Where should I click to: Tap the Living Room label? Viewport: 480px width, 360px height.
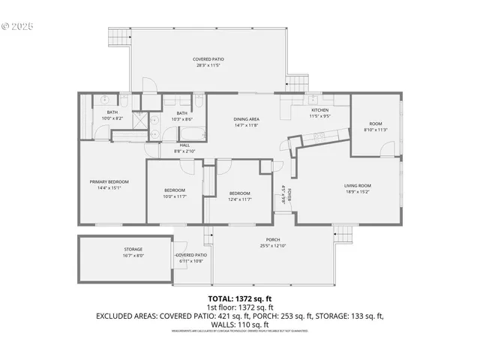[358, 185]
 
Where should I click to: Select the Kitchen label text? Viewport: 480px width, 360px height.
[319, 110]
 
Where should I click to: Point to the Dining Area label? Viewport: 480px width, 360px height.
[246, 119]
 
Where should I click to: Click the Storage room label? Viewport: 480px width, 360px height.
[133, 249]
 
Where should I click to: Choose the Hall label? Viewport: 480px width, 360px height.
[184, 145]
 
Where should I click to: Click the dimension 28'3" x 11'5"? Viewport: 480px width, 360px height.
[208, 64]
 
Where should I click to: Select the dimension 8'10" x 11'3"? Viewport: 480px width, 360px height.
[374, 130]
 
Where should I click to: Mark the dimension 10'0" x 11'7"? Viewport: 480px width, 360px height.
[175, 196]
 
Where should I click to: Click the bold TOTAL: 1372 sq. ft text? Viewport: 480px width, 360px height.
[240, 298]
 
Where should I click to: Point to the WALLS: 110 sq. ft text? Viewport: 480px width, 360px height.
[240, 325]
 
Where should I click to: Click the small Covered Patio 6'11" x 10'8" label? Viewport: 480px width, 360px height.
[191, 256]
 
